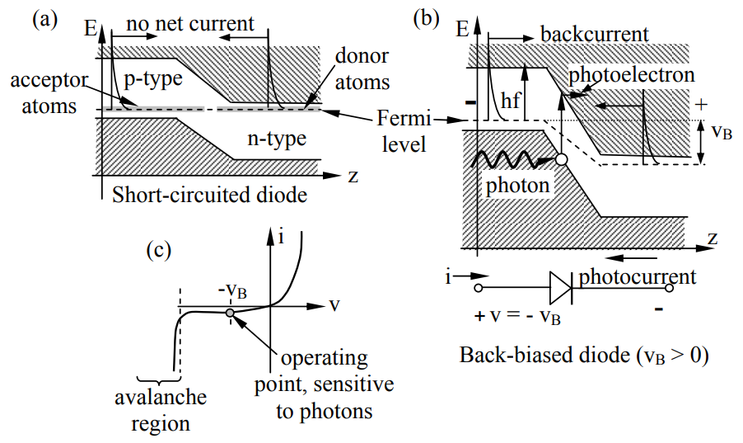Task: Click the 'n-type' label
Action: pyautogui.click(x=278, y=138)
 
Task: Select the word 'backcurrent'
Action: pyautogui.click(x=595, y=34)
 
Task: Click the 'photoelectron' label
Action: pyautogui.click(x=632, y=75)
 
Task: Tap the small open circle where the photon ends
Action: pyautogui.click(x=560, y=160)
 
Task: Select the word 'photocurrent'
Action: pyautogui.click(x=637, y=276)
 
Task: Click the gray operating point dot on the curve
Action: pyautogui.click(x=230, y=313)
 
